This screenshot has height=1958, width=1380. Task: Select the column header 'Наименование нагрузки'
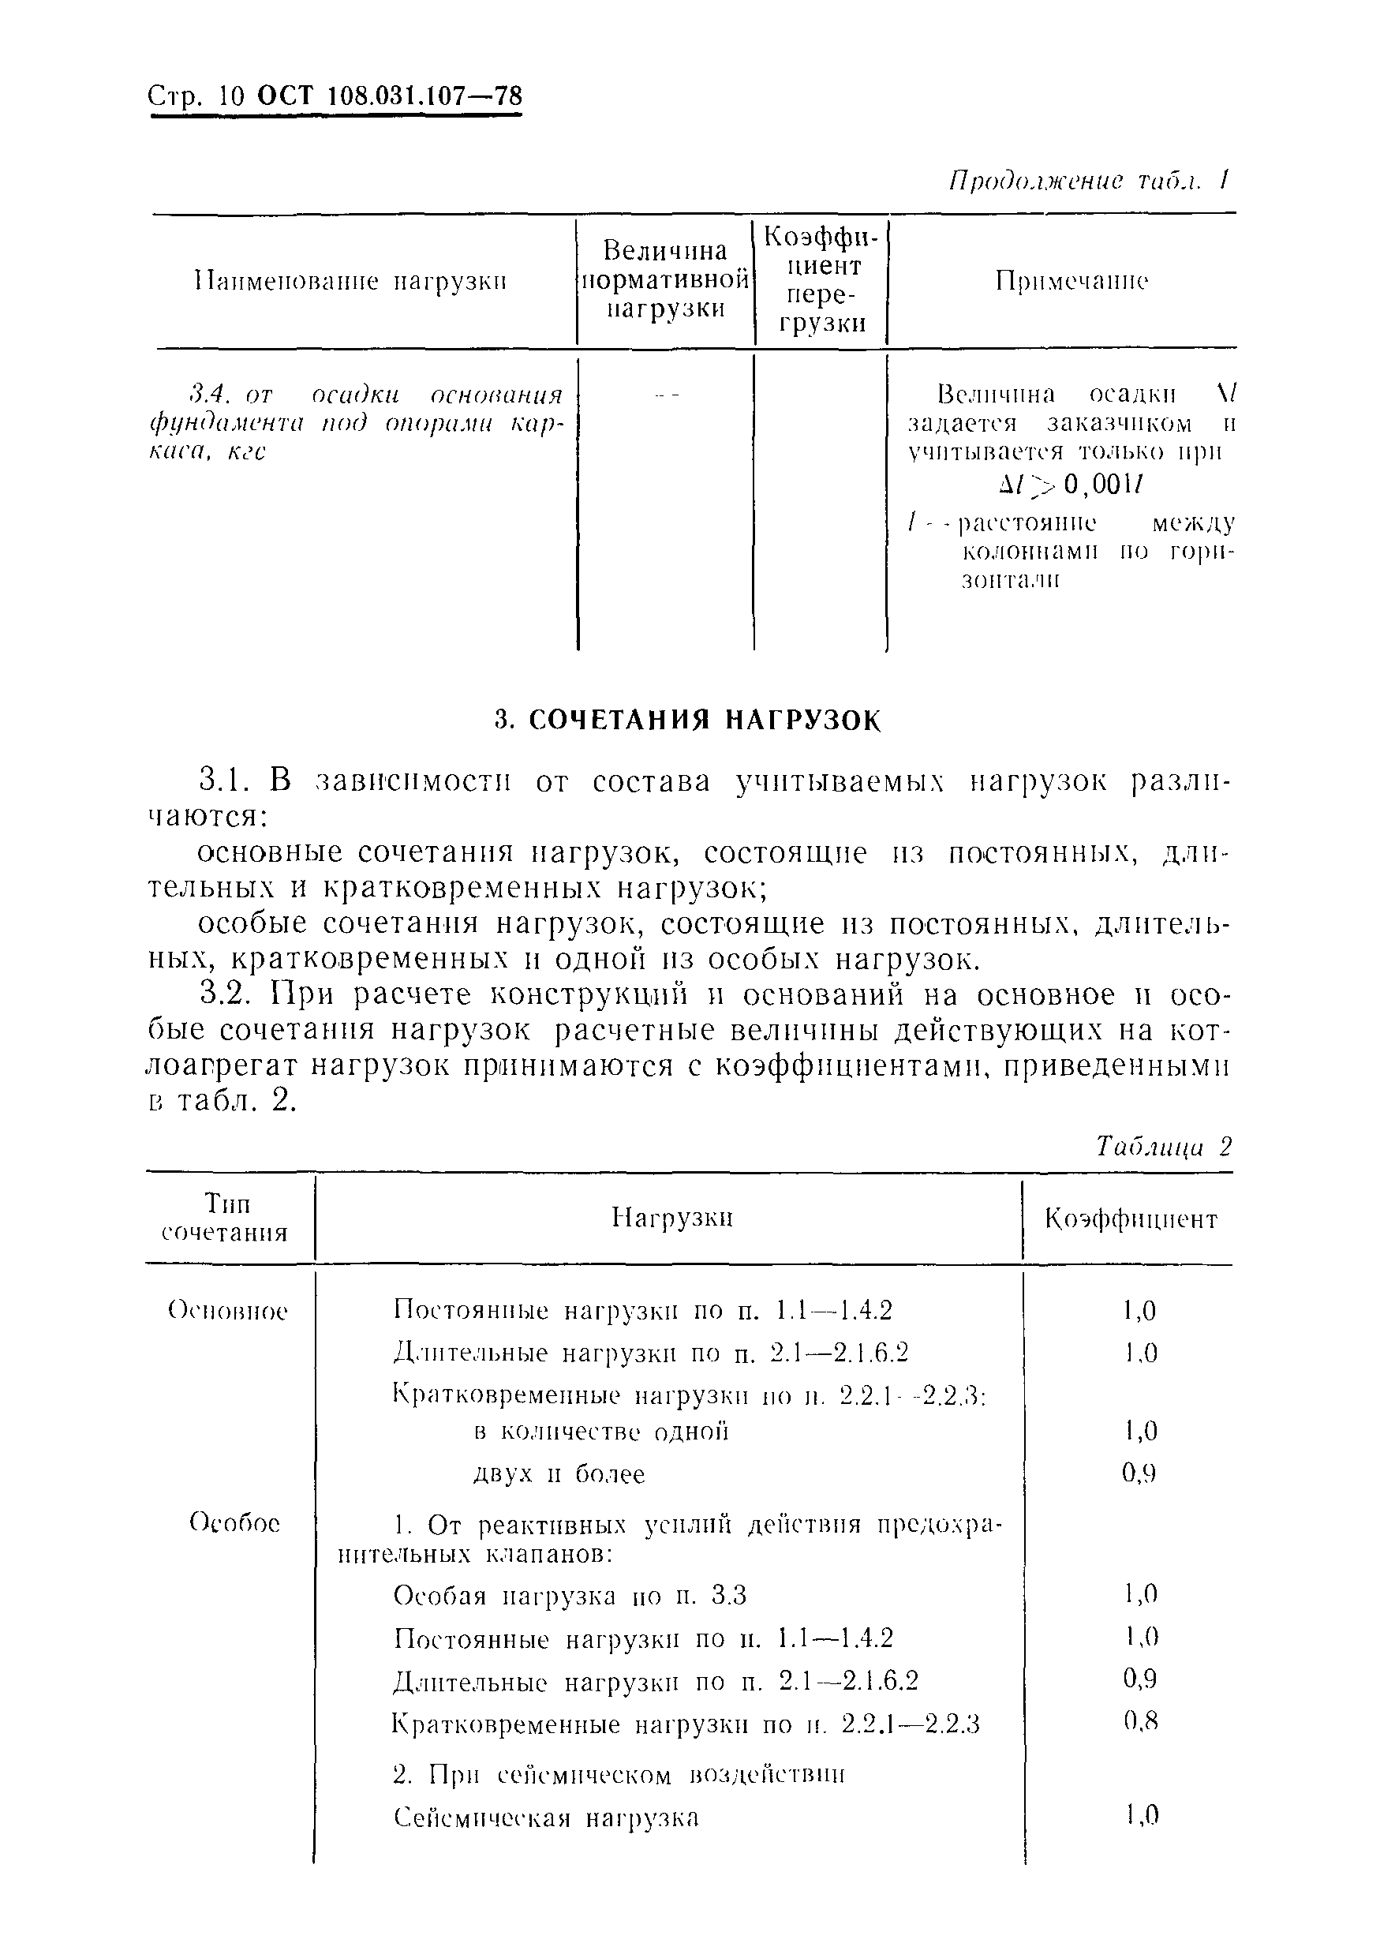point(350,282)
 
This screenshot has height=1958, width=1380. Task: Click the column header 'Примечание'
point(1071,282)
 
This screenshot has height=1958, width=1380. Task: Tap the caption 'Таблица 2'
point(1164,1146)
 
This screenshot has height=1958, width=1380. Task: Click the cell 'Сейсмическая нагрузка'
point(546,1818)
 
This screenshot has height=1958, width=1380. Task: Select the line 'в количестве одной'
point(601,1431)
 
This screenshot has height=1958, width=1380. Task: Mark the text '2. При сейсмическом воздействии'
point(619,1776)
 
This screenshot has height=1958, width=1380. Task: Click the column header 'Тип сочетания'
point(226,1219)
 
